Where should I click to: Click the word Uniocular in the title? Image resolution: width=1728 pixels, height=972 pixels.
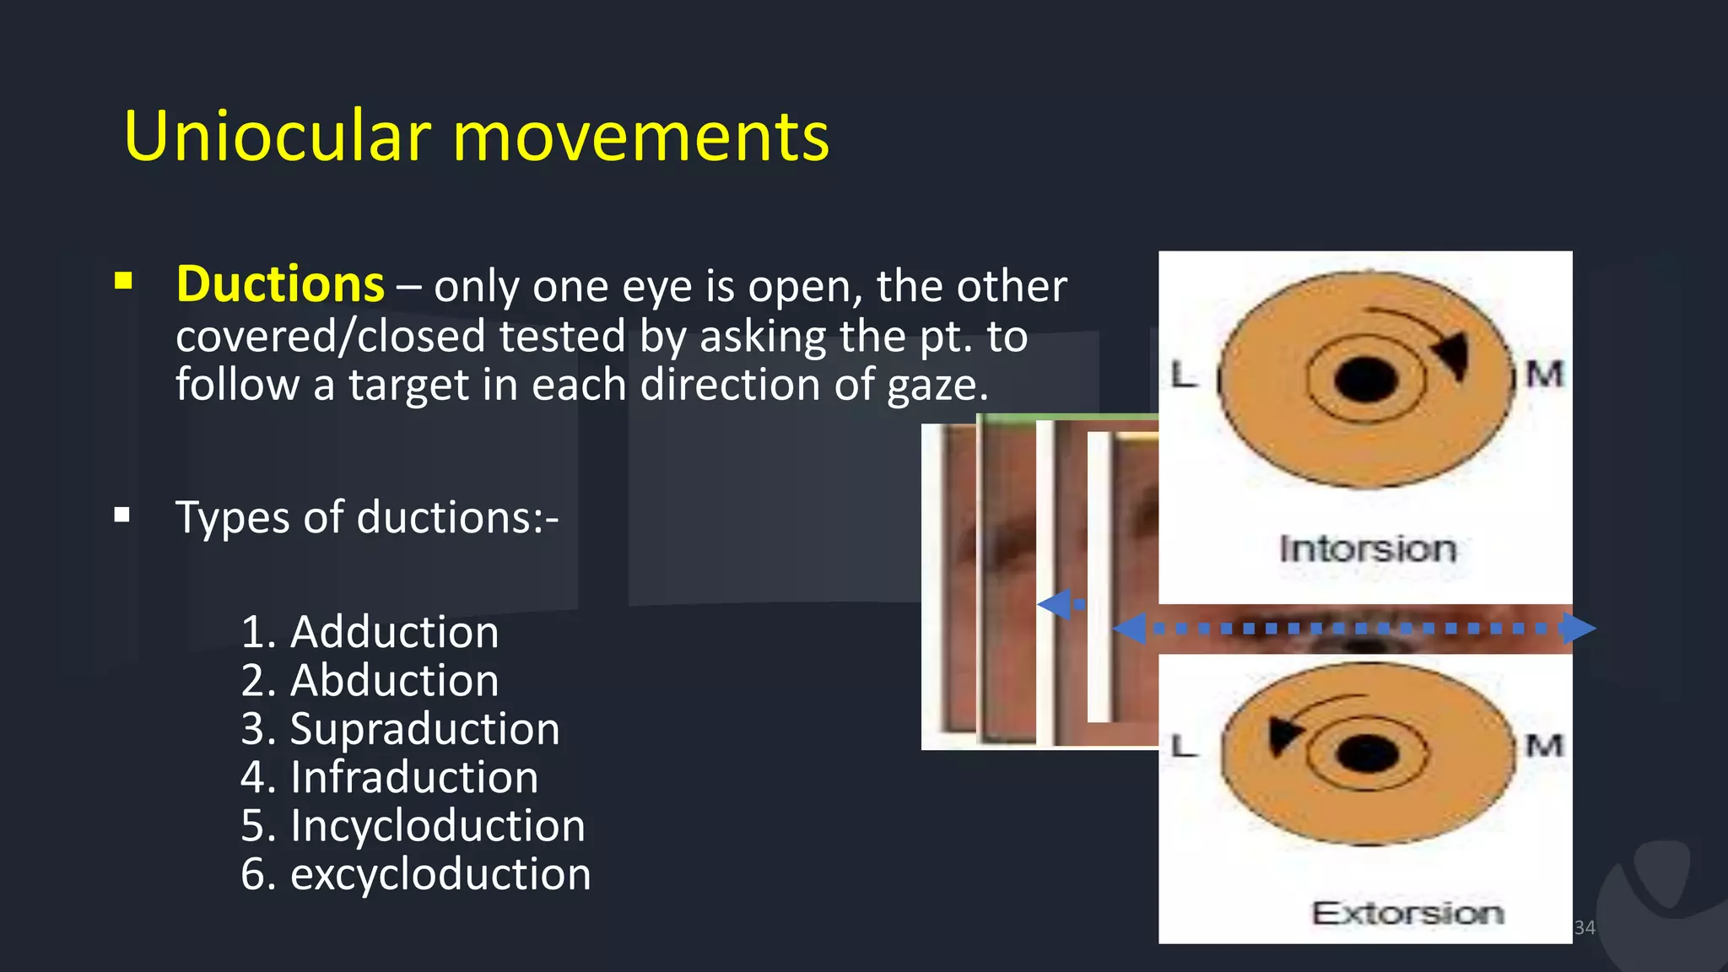(x=278, y=136)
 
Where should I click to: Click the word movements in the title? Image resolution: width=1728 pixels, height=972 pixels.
(x=641, y=138)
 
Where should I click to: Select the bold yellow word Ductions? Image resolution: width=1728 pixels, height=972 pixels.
(x=280, y=283)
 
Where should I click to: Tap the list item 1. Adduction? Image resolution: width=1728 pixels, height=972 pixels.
(x=370, y=632)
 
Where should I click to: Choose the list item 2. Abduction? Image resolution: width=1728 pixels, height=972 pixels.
(x=370, y=680)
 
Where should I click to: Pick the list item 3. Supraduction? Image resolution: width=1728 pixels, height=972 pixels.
(x=400, y=728)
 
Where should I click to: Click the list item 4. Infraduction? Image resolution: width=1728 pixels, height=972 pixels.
(x=389, y=777)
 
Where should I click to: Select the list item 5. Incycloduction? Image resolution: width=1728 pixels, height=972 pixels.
(x=413, y=825)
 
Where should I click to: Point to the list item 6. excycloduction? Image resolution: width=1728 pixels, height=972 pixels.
(x=415, y=873)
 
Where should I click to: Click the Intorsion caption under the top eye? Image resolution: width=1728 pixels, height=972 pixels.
(x=1368, y=549)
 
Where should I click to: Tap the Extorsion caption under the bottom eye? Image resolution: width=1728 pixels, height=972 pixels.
(x=1407, y=913)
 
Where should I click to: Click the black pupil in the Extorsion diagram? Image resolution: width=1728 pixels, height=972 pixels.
(x=1368, y=753)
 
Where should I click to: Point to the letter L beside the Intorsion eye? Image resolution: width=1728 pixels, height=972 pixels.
(x=1184, y=375)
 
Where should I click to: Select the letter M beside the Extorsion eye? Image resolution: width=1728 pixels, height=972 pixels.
(x=1544, y=746)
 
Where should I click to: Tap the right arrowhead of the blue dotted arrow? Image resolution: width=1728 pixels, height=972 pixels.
(x=1576, y=629)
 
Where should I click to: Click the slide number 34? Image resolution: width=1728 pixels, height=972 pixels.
(x=1585, y=927)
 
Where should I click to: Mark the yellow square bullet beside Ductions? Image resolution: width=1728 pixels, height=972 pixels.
(x=123, y=281)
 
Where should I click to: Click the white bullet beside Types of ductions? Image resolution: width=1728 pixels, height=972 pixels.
(x=122, y=515)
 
